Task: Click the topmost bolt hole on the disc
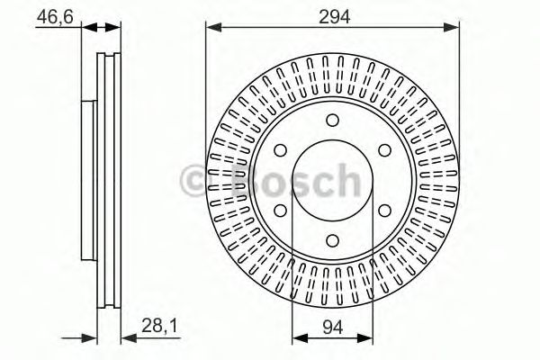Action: point(332,122)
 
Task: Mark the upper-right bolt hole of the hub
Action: point(382,150)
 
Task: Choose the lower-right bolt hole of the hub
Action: point(382,210)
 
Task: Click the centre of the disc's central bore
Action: point(332,180)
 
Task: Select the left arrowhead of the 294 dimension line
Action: point(211,28)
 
